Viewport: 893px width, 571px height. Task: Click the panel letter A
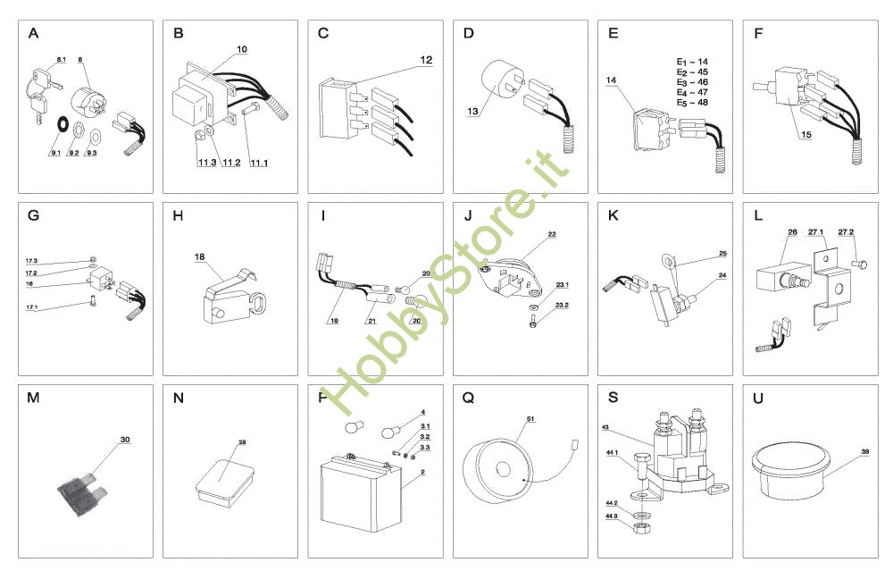34,34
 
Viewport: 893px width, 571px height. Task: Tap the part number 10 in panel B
242,48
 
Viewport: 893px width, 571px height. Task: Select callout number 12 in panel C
426,60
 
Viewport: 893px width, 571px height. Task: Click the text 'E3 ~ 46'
693,82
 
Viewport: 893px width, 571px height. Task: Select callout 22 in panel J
552,234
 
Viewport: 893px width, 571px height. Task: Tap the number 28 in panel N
242,442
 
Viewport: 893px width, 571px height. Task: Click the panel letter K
613,216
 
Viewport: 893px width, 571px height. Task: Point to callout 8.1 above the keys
61,59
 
